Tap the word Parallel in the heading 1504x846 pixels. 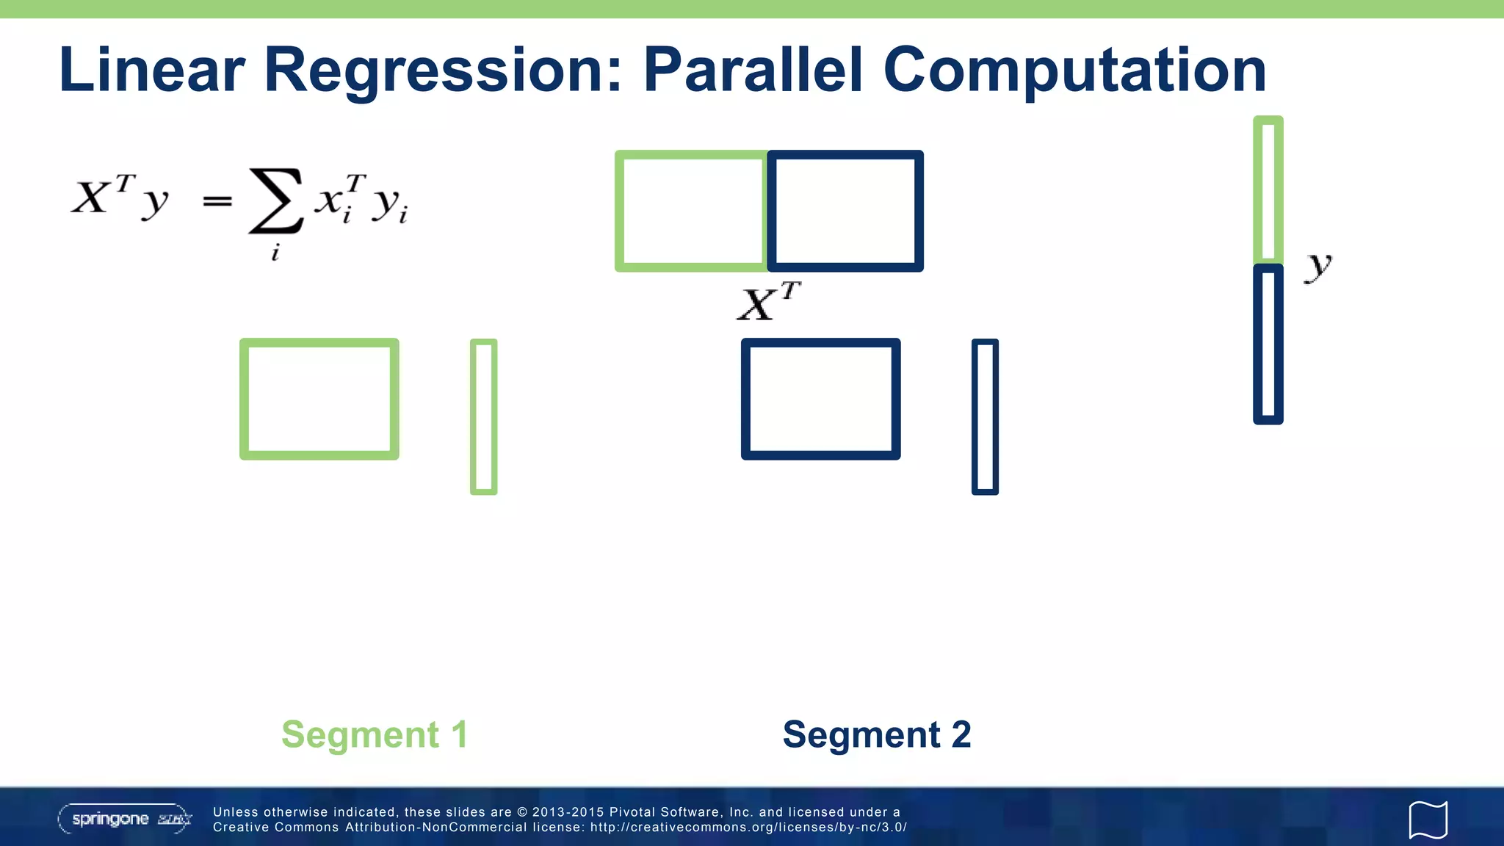(x=753, y=70)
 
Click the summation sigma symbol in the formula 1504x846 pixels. (x=275, y=200)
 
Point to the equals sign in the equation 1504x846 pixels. (x=217, y=200)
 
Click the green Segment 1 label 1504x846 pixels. (x=375, y=734)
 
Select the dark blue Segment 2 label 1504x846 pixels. (x=877, y=734)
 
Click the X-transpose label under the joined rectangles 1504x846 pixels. (x=768, y=302)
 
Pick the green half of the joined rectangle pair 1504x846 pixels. (x=690, y=211)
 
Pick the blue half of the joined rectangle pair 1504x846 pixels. (x=845, y=211)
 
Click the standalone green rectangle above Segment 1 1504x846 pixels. (x=319, y=399)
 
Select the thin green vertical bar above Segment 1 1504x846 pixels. (x=483, y=416)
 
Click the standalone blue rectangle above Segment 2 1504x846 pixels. (x=820, y=399)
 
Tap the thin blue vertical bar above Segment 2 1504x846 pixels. (x=985, y=416)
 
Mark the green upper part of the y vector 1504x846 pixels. (x=1268, y=189)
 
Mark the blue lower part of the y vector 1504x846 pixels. (x=1268, y=344)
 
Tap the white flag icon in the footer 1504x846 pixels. (x=1428, y=820)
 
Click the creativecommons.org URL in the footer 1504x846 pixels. (x=748, y=828)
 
